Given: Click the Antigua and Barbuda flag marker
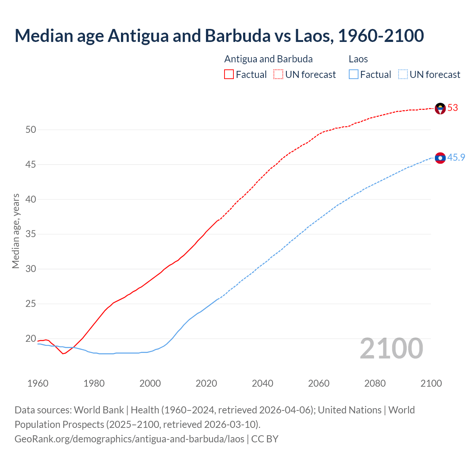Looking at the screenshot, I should point(440,108).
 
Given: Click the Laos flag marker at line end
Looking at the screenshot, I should point(440,158).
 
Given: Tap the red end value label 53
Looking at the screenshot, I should point(453,108).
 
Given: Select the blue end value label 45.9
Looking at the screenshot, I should point(456,158).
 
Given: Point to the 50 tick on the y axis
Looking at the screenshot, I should point(31,130).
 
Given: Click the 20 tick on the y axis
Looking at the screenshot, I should point(31,339).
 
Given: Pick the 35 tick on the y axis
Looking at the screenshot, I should point(31,234).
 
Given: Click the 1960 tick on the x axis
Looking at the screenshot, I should point(38,383).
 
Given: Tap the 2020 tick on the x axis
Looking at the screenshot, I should point(206,383).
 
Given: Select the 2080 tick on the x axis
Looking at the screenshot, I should point(375,383).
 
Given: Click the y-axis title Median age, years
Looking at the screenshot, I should point(16,231).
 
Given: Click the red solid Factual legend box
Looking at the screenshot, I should point(229,75).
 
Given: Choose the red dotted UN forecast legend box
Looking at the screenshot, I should point(278,75).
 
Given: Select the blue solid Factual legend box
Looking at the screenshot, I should point(354,75).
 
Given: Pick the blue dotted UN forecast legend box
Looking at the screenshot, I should point(403,75).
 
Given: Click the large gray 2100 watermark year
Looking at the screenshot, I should point(391,348).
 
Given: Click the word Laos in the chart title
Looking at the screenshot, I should point(313,36).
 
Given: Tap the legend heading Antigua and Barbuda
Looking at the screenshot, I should point(268,59).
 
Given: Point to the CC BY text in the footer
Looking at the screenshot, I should point(265,439).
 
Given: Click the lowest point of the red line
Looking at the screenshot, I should point(63,354).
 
